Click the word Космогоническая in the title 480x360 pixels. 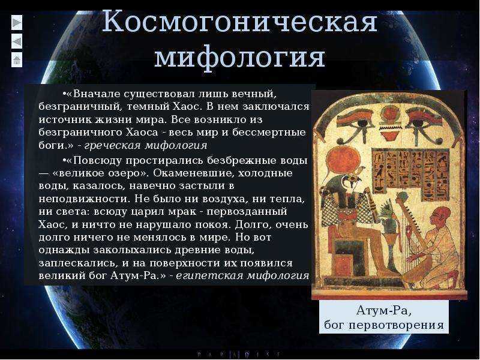coord(239,22)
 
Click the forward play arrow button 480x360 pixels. coord(17,23)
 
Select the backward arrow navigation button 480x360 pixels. coord(17,41)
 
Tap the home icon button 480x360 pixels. coord(17,59)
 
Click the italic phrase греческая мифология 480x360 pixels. coord(146,145)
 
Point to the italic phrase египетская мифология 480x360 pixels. coord(242,275)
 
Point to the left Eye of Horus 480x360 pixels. coord(356,126)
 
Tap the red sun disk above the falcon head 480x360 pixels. coord(340,161)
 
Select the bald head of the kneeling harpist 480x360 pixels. coord(442,214)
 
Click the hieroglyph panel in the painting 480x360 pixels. coord(411,173)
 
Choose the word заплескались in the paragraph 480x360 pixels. coord(77,263)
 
